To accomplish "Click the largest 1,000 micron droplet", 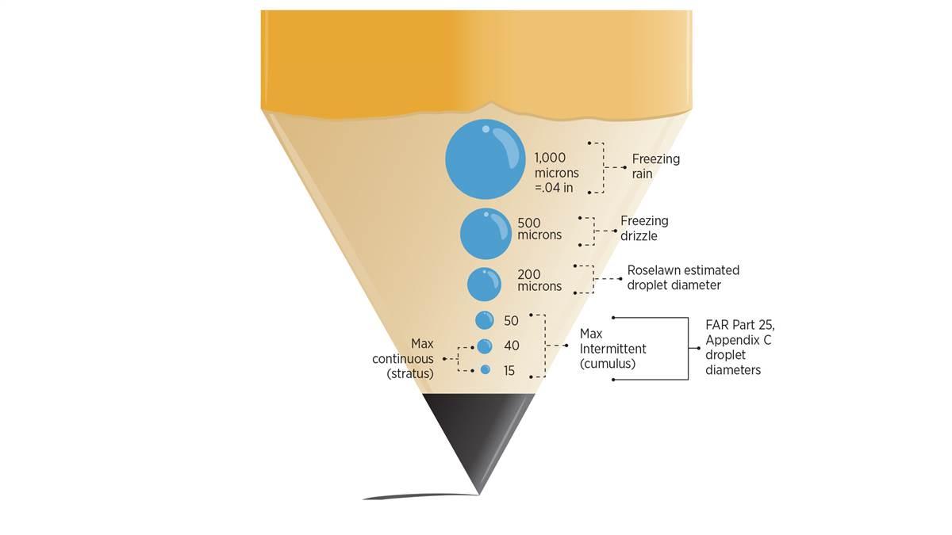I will point(485,159).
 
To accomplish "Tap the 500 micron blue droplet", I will point(486,233).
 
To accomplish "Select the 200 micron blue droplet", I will point(484,285).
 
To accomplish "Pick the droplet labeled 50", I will point(485,320).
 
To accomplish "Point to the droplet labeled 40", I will point(485,346).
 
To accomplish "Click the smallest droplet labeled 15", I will point(486,369).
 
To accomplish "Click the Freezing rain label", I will point(655,166).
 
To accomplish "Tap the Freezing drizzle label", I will point(644,228).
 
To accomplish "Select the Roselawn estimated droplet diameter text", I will point(683,277).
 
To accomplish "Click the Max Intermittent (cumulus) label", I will point(612,349).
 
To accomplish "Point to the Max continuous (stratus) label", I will point(409,358).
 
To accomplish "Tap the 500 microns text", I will point(539,229).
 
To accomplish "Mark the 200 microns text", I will point(539,281).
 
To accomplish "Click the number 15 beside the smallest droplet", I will point(509,370).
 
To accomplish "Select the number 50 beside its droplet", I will point(511,321).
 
